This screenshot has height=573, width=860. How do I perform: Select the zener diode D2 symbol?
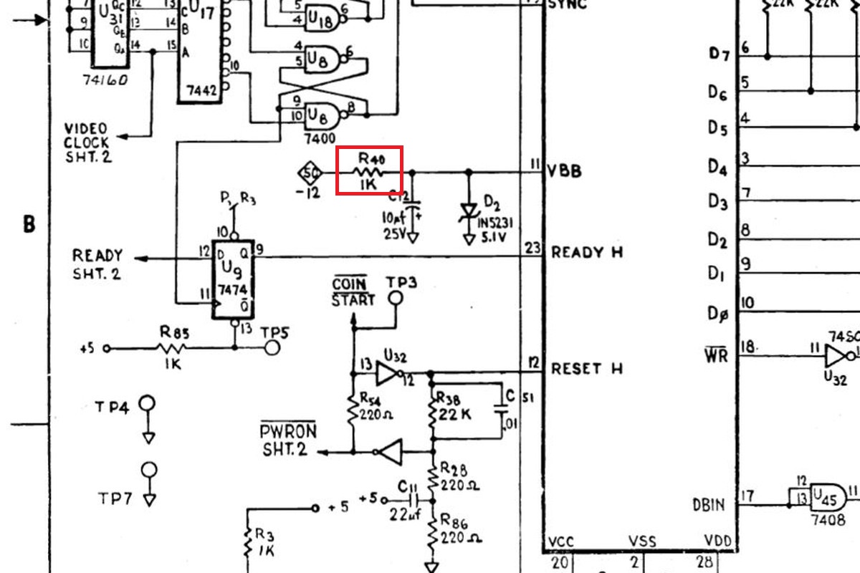469,211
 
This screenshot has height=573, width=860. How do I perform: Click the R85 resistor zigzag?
171,349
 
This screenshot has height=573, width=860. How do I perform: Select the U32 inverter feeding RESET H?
388,372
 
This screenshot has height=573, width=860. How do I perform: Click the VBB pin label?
565,172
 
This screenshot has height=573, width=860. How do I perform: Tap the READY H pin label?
587,253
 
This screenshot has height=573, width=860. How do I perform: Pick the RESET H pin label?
587,369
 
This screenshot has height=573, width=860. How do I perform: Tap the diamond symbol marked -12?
310,173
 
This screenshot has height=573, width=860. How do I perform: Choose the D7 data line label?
718,53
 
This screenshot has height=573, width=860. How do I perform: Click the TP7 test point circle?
149,471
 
